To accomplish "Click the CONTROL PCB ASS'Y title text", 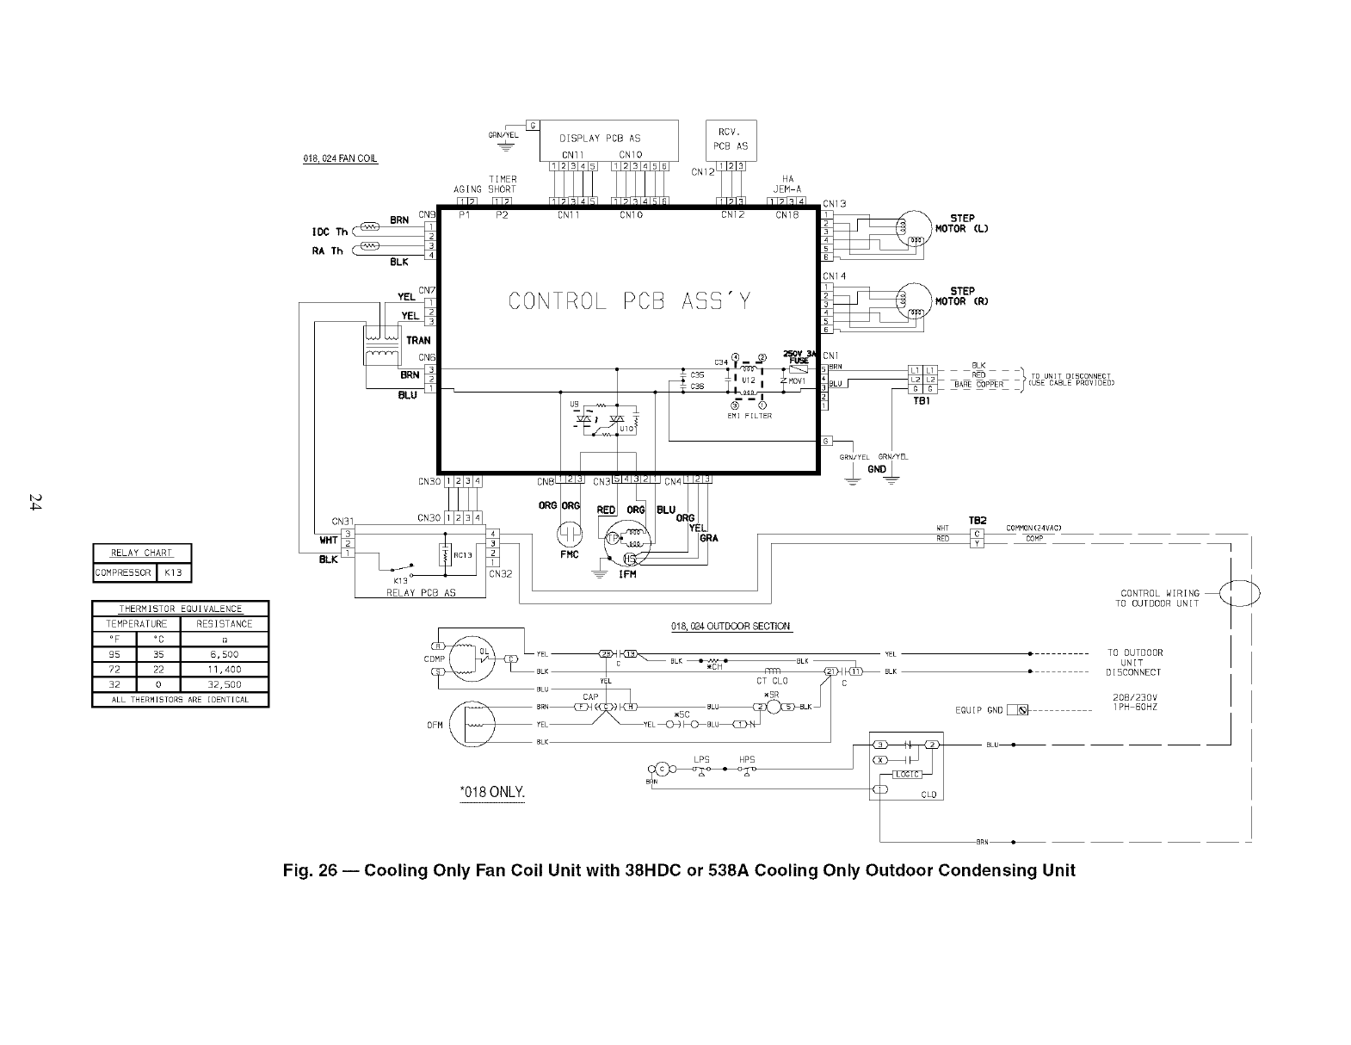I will pos(629,301).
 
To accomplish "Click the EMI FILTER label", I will pos(750,416).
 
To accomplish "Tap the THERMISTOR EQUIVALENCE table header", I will pos(180,609).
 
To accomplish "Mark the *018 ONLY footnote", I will pos(492,793).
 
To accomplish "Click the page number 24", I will pos(35,502).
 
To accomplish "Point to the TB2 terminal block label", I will pos(977,521).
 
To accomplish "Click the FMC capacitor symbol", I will pos(571,535).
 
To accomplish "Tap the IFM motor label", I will pos(627,574).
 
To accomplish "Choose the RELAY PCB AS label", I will pos(421,593).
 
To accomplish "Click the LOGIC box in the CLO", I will pos(908,774).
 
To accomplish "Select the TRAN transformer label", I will pos(418,341).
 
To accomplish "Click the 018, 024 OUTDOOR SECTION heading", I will pos(731,627).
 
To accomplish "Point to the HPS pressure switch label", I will pos(747,759).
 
